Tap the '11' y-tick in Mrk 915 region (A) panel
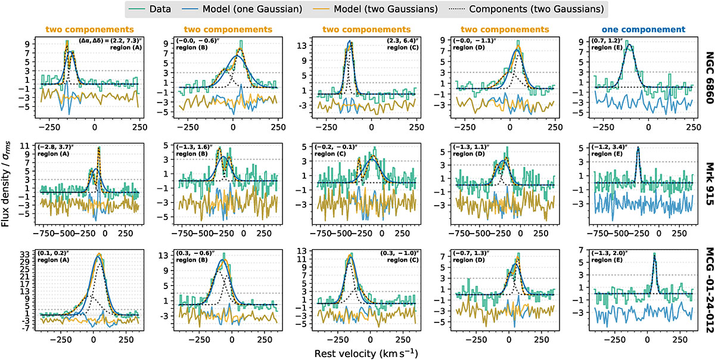click(x=27, y=146)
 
